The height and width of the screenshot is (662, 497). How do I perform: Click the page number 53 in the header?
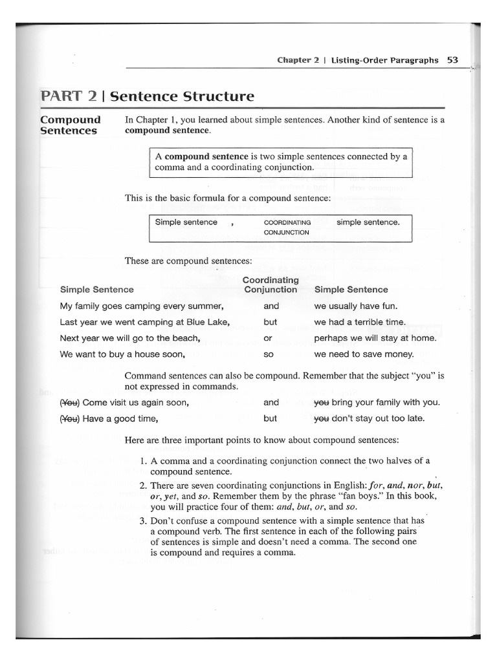(452, 60)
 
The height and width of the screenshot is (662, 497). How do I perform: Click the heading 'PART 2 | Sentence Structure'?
(147, 97)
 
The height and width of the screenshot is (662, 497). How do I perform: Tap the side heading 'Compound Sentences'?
(70, 125)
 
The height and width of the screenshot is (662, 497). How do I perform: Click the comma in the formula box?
(231, 223)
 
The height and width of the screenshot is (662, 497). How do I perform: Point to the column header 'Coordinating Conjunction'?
(271, 284)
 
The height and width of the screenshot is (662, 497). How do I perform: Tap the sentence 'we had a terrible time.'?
(360, 322)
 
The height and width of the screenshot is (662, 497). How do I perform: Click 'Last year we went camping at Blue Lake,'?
(145, 322)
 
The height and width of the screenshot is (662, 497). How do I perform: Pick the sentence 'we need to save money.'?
(364, 354)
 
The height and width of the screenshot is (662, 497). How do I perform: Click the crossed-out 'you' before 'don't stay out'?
(322, 418)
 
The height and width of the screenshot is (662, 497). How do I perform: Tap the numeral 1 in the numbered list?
(143, 460)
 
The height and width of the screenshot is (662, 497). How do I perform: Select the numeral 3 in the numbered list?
(143, 521)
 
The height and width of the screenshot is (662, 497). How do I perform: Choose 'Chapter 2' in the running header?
(298, 60)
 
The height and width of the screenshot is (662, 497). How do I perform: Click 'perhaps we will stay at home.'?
(375, 338)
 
